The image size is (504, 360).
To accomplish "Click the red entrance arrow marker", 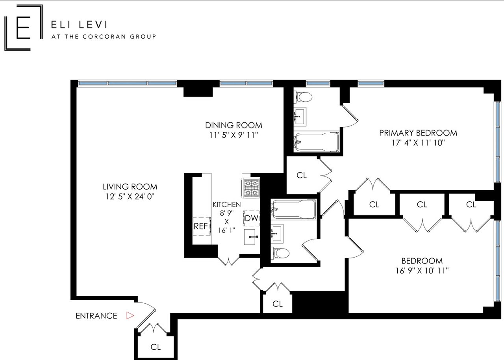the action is [x=130, y=315].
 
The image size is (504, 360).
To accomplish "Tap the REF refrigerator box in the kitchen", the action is [x=202, y=226].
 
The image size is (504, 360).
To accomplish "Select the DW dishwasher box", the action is [x=251, y=218].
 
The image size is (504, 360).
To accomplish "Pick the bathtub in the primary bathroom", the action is [x=317, y=142].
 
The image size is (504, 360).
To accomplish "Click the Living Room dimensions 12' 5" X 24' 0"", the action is [x=130, y=197].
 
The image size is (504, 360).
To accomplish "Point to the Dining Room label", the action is [x=233, y=125].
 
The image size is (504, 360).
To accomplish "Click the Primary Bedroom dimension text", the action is [x=418, y=143].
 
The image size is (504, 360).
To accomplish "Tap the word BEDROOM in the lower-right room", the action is [x=422, y=261].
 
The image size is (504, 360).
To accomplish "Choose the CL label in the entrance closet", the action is [x=156, y=347].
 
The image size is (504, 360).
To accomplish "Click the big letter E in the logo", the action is [x=23, y=28].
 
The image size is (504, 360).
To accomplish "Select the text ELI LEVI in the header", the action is [x=79, y=24].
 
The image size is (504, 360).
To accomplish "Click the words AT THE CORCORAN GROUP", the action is [x=104, y=37].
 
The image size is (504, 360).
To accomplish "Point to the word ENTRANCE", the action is [x=96, y=315].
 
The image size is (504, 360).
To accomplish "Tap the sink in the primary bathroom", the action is [x=300, y=117].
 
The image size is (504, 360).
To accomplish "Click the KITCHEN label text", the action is [x=226, y=204].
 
